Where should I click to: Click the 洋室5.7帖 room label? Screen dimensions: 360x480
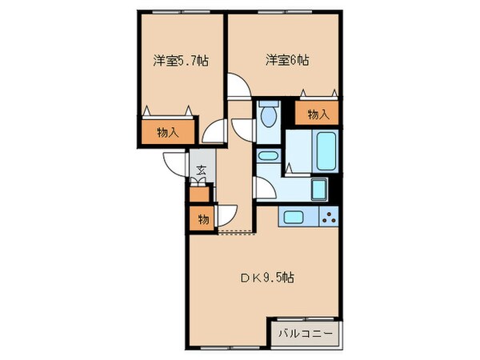[181, 60]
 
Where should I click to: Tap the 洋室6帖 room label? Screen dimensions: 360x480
[288, 60]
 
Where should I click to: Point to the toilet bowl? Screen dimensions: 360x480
[267, 116]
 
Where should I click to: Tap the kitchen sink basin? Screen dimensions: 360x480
[291, 216]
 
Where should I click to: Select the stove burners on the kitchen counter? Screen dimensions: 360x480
[329, 216]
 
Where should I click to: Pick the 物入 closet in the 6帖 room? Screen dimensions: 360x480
[318, 114]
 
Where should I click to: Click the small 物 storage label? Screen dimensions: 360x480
[202, 218]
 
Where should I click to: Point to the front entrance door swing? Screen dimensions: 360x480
[175, 163]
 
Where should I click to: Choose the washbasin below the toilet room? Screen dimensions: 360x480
[268, 157]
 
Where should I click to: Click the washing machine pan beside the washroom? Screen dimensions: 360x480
[318, 190]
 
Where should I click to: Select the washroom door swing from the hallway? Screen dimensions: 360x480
[265, 190]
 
